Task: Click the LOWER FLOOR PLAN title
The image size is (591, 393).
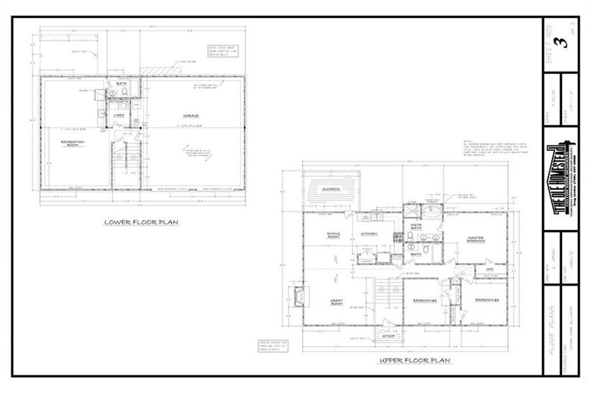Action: click(142, 222)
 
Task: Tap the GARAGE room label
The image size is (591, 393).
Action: click(191, 117)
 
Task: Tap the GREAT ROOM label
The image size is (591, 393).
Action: click(337, 303)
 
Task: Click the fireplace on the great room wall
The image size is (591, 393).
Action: click(299, 297)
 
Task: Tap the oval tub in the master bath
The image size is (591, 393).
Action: click(430, 212)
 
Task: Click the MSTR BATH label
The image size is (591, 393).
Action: click(415, 227)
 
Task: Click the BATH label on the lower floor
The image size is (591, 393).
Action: click(121, 84)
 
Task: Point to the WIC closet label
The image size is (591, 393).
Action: click(489, 268)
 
